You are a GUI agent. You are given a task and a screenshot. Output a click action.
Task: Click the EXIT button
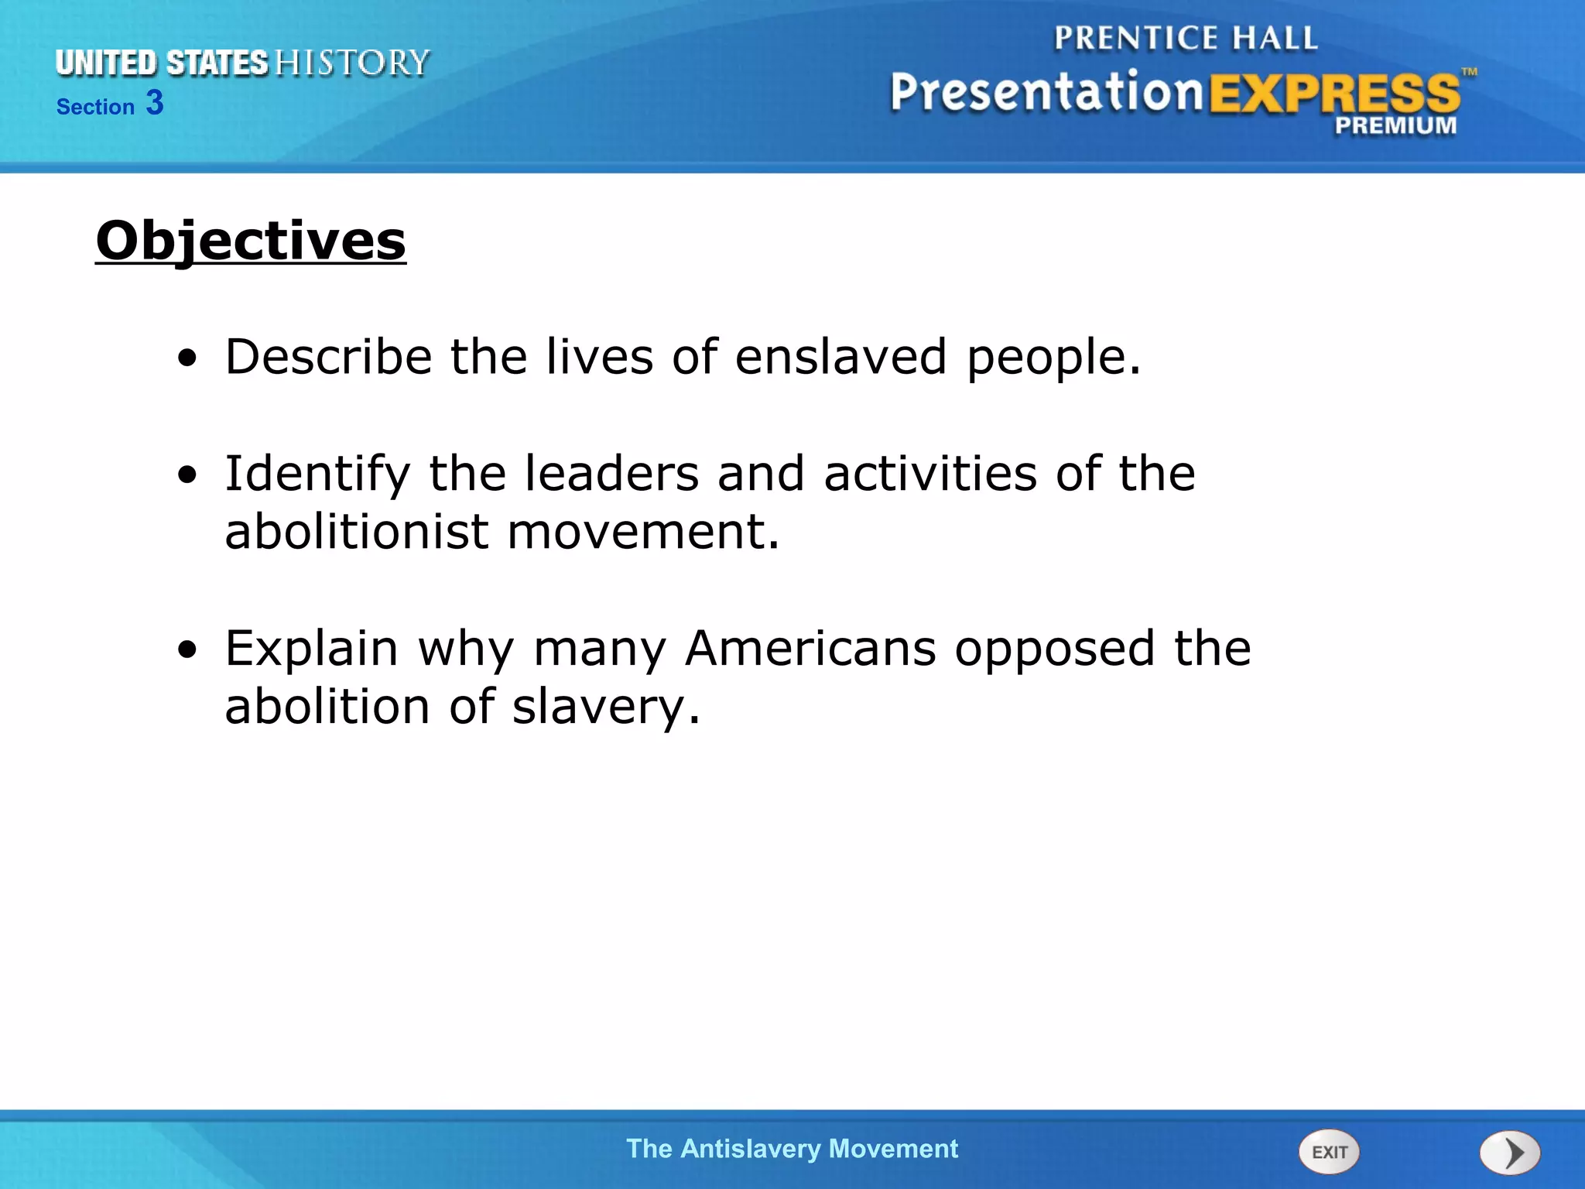tap(1328, 1152)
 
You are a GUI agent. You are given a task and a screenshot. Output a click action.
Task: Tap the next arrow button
tap(1510, 1153)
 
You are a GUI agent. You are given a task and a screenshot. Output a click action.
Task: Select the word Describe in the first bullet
tap(328, 357)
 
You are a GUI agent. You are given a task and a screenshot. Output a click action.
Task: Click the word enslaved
tap(840, 357)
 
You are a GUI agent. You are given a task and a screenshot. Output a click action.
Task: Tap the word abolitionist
tap(357, 532)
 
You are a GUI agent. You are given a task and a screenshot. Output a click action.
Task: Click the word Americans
tap(810, 648)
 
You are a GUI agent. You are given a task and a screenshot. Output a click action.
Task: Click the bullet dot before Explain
tap(187, 651)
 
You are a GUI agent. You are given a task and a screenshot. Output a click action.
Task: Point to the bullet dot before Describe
tap(187, 359)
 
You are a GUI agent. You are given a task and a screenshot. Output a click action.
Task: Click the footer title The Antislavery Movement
tap(792, 1149)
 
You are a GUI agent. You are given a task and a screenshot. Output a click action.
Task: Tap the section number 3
tap(155, 103)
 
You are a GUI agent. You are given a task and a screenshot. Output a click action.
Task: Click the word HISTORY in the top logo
tap(352, 63)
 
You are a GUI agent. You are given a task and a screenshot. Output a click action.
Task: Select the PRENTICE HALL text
tap(1186, 38)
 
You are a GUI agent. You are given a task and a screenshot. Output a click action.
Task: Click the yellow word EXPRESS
tap(1334, 94)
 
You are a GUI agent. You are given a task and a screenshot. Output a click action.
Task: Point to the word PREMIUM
tap(1395, 125)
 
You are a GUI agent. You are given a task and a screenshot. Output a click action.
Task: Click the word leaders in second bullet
tap(611, 474)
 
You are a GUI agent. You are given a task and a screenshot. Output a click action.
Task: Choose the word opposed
tap(1055, 648)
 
